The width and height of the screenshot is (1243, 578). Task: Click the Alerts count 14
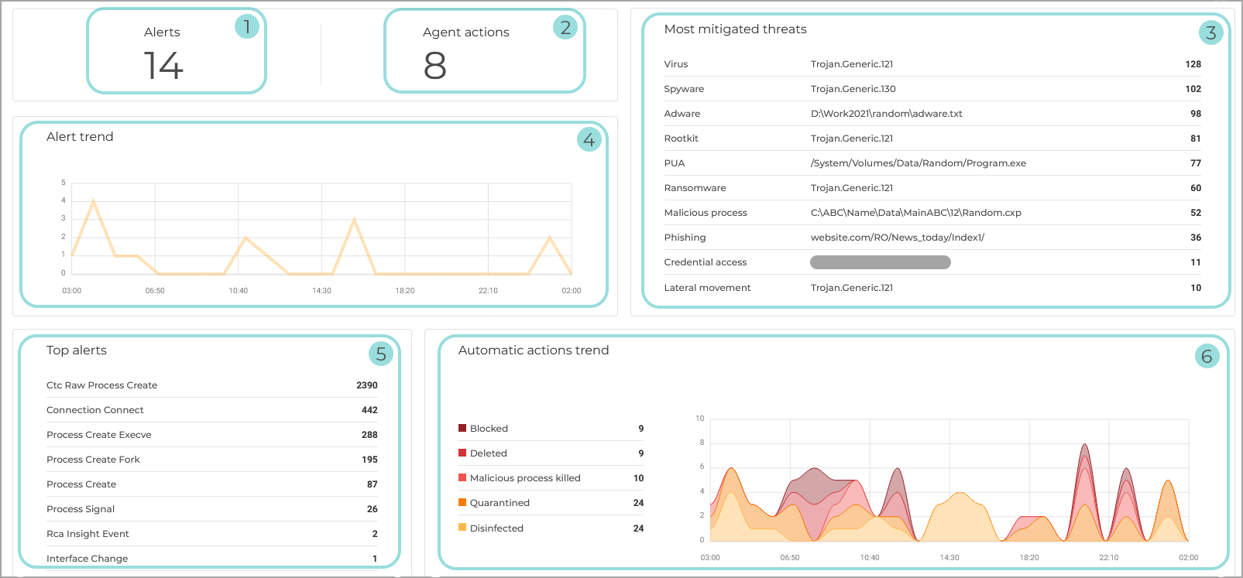tap(163, 65)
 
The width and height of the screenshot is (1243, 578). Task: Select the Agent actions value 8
tap(434, 65)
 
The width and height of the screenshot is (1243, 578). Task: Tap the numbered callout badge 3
tap(1210, 32)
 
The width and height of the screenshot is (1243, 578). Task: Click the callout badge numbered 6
tap(1207, 356)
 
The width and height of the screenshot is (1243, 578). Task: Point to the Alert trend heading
tap(80, 137)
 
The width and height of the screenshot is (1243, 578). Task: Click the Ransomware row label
tap(695, 188)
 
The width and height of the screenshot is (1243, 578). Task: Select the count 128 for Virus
tap(1193, 64)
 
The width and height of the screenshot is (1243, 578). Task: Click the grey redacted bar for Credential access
tap(880, 262)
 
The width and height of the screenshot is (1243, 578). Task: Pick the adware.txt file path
tap(886, 114)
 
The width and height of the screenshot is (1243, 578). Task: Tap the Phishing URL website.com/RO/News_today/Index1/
tap(897, 238)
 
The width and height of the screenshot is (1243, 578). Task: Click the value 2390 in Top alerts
tap(366, 385)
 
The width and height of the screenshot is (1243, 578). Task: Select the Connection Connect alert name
tap(95, 410)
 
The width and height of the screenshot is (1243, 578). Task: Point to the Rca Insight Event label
tap(88, 534)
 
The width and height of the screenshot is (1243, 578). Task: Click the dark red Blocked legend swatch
tap(462, 428)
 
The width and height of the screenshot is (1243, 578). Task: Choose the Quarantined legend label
tap(500, 503)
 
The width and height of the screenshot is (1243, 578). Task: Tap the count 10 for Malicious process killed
tap(638, 478)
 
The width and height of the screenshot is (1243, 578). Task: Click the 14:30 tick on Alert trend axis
tap(321, 291)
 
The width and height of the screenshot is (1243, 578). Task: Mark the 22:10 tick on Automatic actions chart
tap(1108, 557)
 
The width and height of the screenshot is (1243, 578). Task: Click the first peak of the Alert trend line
tap(94, 201)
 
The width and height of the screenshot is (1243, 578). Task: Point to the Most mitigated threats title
tap(735, 29)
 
